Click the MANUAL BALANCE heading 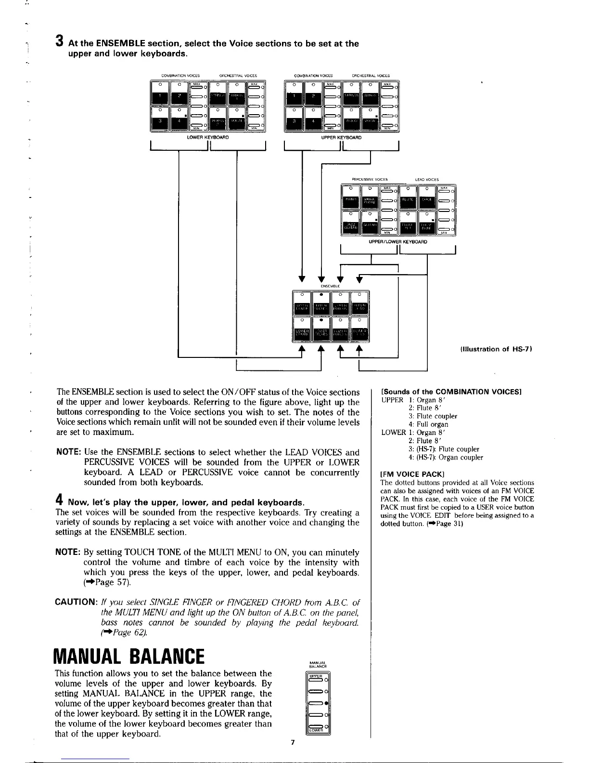point(130,656)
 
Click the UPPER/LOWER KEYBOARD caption point(397,241)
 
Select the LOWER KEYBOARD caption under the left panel point(207,138)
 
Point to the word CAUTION point(77,603)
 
